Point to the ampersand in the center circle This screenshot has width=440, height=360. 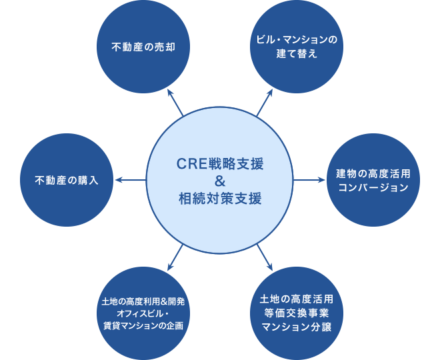pyautogui.click(x=221, y=180)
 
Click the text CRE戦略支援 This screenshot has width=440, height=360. pyautogui.click(x=221, y=163)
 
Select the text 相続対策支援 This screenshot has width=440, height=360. pyautogui.click(x=221, y=197)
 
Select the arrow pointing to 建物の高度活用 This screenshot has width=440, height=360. pyautogui.click(x=309, y=180)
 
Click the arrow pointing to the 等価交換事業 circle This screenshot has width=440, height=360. pyautogui.click(x=263, y=254)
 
